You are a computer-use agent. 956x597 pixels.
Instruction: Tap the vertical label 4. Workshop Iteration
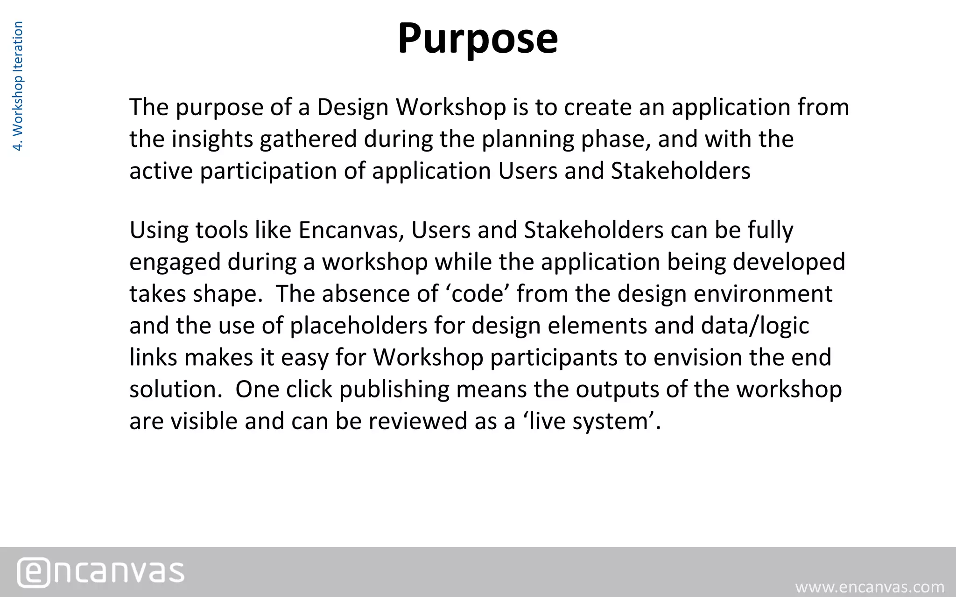tap(18, 86)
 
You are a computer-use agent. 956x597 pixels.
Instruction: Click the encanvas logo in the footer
tap(101, 572)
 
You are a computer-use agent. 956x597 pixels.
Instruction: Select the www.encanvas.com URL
tap(870, 586)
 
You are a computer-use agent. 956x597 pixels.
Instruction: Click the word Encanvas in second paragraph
tap(351, 230)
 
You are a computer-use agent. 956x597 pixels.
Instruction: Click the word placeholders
tap(358, 326)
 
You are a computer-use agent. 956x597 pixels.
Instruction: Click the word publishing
tap(394, 389)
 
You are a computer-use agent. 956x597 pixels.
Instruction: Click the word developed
tap(788, 262)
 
